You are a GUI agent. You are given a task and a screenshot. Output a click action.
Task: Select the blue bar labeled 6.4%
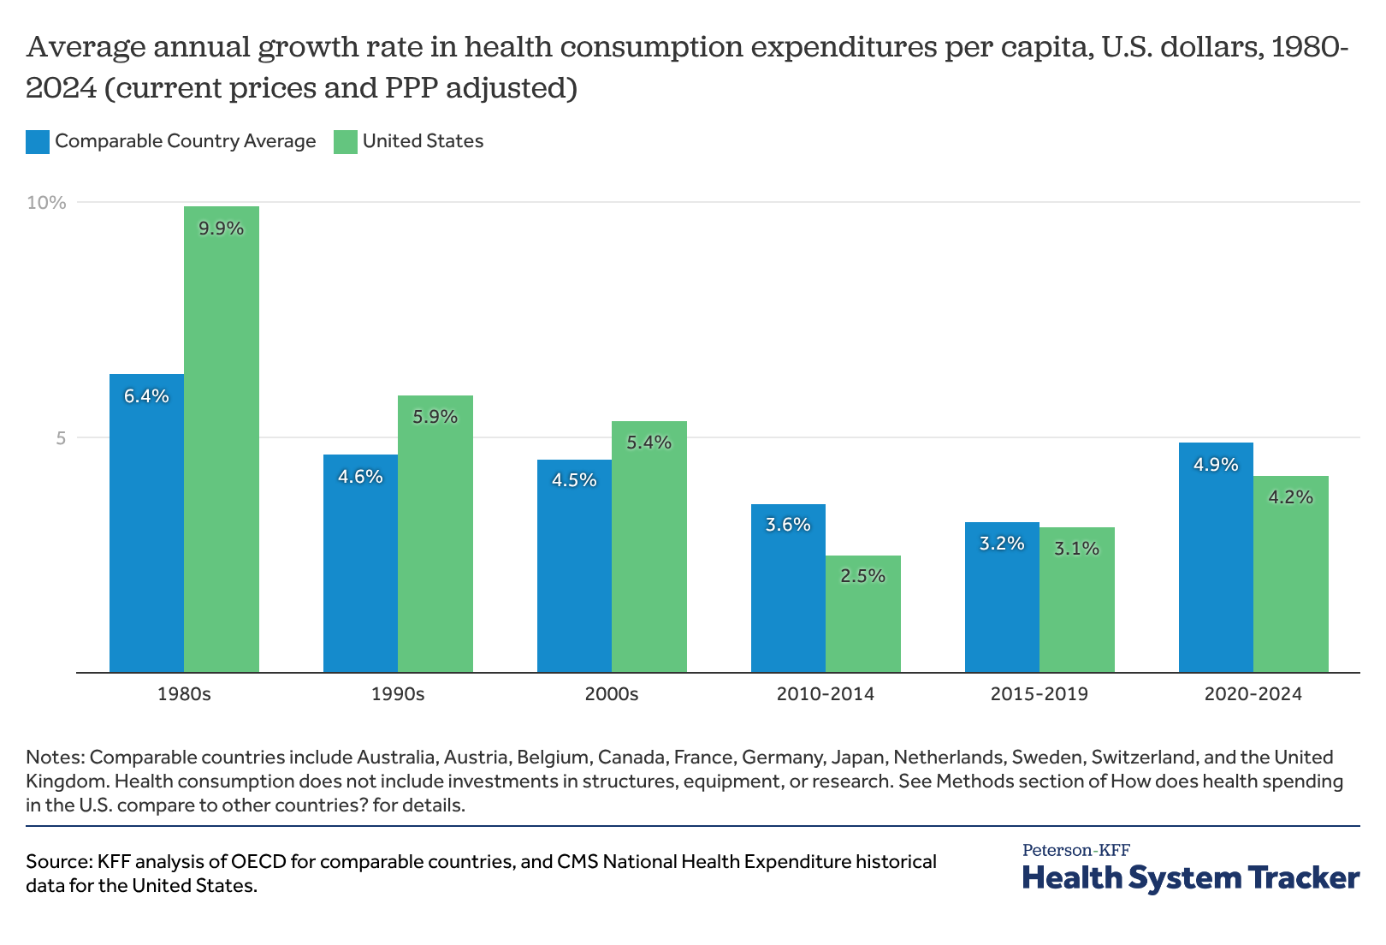146,523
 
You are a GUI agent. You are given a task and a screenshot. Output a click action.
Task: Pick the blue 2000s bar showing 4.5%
574,566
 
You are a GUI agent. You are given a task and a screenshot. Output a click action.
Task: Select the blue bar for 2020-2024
1216,557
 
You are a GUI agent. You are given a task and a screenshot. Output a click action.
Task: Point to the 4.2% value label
1290,496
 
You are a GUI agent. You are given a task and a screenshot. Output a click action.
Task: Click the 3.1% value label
1076,548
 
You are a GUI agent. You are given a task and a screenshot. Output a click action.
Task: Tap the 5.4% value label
649,443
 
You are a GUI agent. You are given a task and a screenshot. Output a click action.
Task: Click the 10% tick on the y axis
46,203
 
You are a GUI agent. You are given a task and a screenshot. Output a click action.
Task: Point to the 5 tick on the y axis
61,438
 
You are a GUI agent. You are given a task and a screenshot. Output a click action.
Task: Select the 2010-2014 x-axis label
826,694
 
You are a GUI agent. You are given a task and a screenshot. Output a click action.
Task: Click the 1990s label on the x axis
398,694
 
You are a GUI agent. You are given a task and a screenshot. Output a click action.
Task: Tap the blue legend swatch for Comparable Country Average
38,142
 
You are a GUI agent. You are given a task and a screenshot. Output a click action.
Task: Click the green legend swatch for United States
346,142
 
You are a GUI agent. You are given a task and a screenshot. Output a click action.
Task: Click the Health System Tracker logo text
1190,877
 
